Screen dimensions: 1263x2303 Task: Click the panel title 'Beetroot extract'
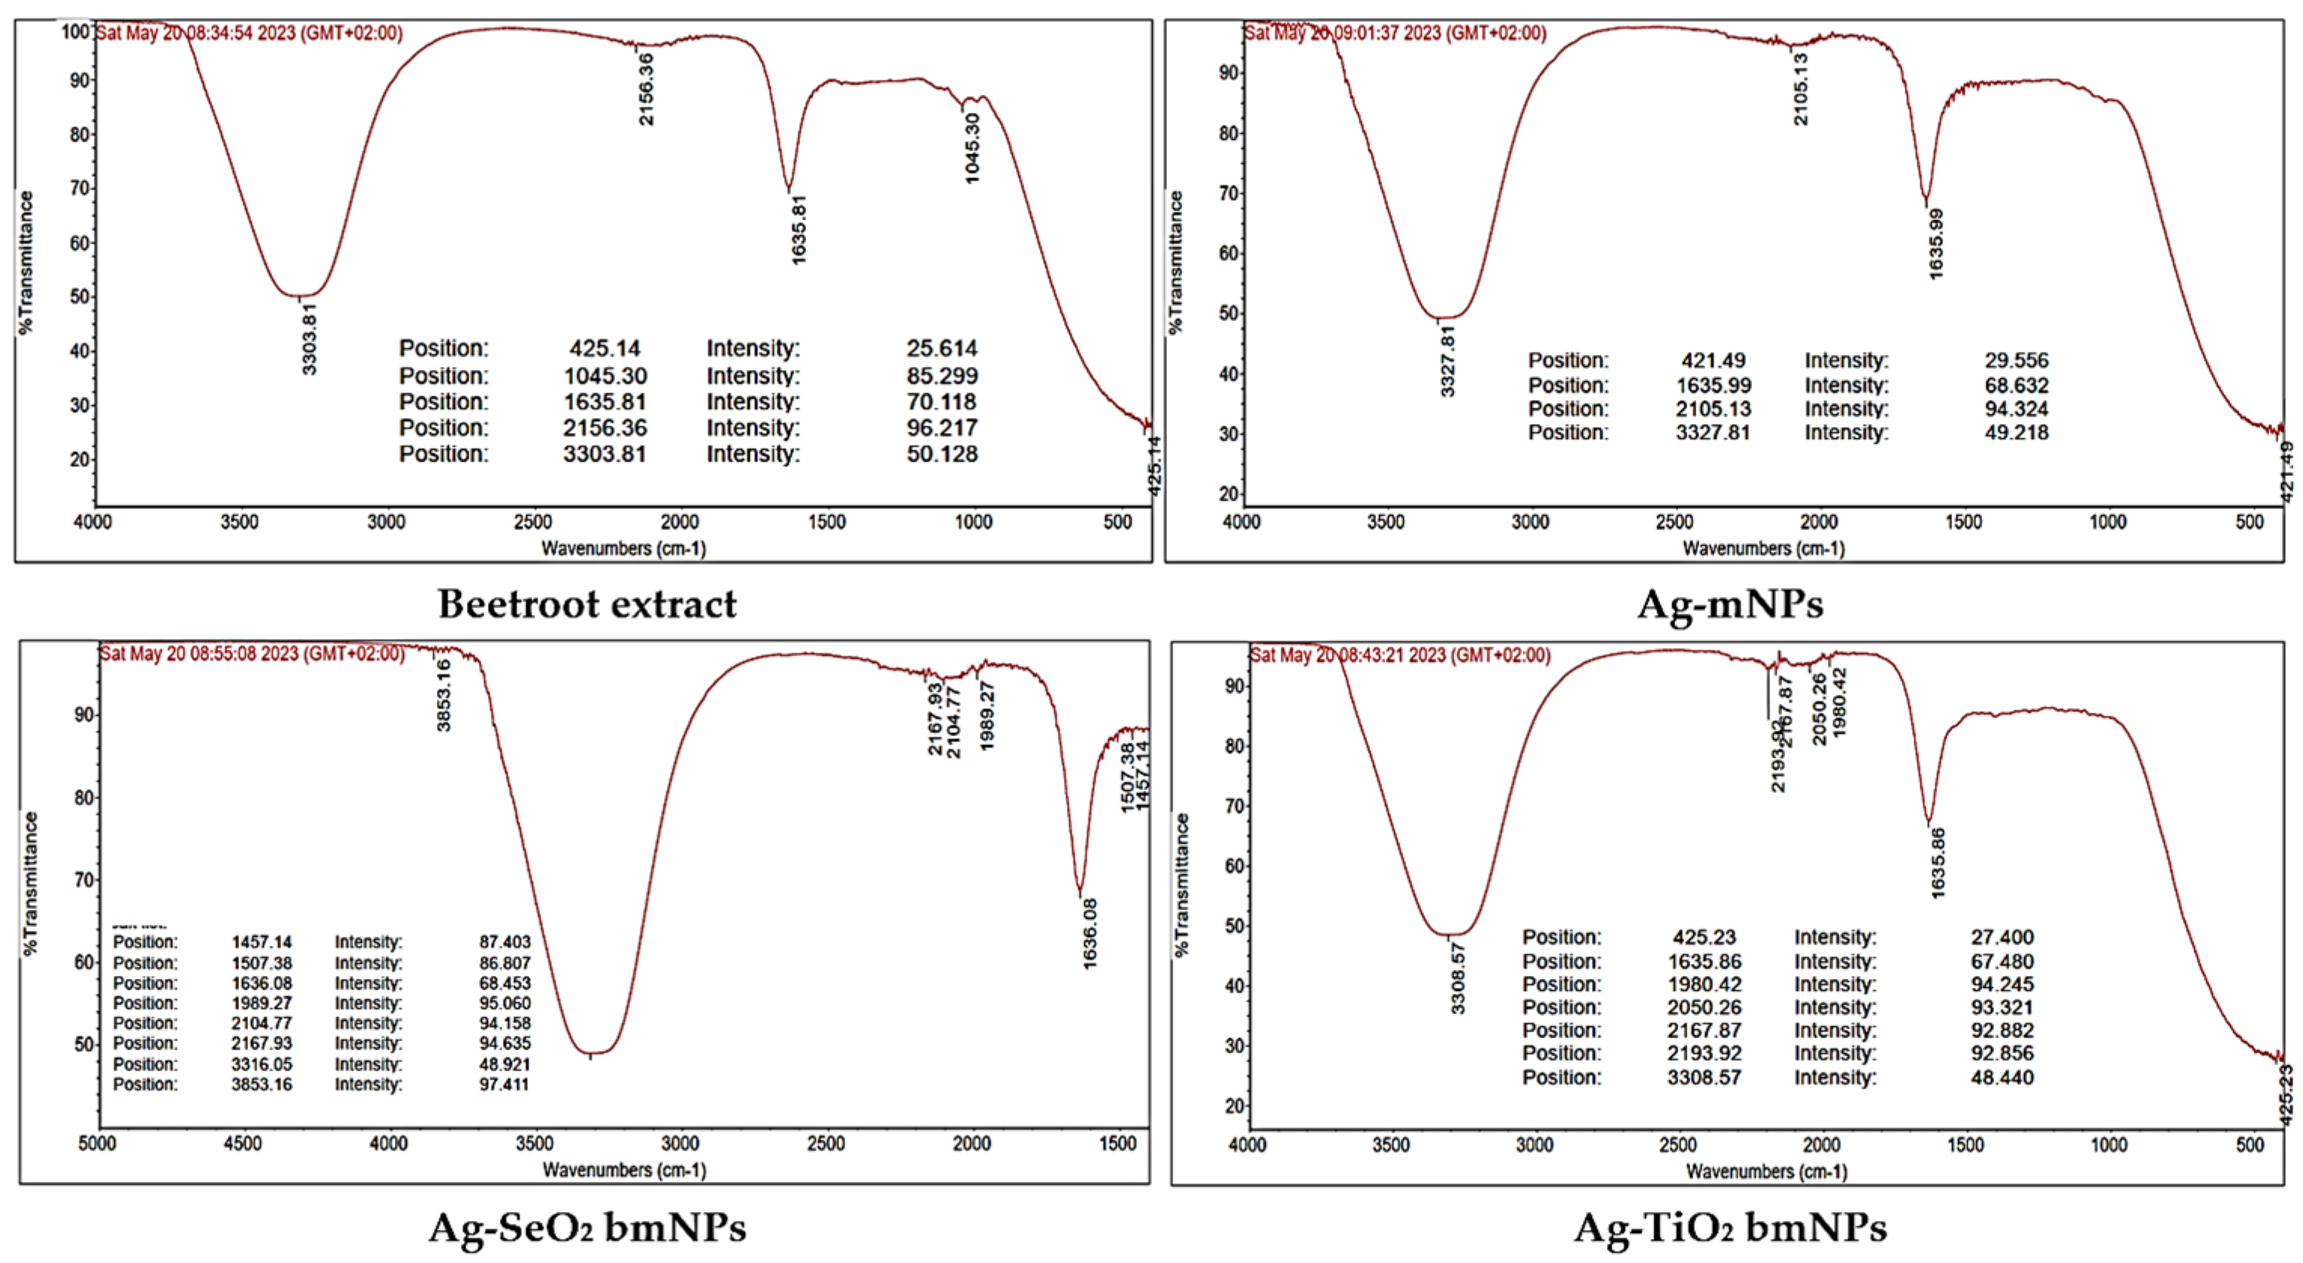[587, 604]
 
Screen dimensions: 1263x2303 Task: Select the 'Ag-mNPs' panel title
[1730, 604]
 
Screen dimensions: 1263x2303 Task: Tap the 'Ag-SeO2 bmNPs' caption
[587, 1227]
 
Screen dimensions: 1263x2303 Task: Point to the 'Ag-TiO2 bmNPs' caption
[1730, 1227]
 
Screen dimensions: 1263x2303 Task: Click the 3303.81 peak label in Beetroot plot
[309, 339]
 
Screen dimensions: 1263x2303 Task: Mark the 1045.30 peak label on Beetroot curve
[973, 148]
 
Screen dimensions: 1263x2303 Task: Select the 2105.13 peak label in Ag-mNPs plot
[1801, 89]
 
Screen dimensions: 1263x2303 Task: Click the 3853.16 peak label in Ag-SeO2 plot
[444, 695]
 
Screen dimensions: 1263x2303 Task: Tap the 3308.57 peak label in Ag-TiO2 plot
[1458, 978]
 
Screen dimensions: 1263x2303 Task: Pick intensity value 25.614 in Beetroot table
[941, 348]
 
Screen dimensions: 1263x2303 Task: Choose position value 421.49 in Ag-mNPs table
[1713, 361]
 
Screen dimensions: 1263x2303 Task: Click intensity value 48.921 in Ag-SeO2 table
[505, 1065]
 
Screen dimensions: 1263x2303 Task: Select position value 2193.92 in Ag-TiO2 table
[1704, 1054]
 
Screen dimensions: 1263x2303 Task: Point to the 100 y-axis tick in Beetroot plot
[76, 32]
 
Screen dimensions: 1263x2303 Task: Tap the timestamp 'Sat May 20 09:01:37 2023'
[1395, 33]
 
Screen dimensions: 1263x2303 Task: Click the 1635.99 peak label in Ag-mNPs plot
[1936, 244]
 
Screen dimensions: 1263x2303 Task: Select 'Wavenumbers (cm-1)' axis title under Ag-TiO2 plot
[1765, 1171]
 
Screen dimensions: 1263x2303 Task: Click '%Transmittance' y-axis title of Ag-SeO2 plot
[32, 883]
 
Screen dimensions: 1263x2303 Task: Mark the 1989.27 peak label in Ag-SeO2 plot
[987, 716]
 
